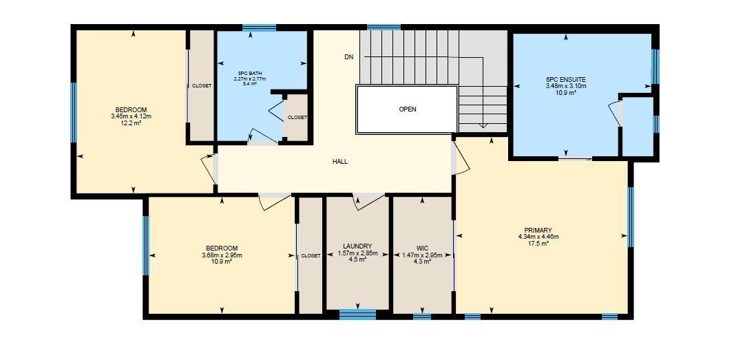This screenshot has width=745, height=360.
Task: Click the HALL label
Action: [340, 162]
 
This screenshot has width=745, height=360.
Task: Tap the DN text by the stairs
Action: [349, 57]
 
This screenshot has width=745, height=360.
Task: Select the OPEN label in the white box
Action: [408, 109]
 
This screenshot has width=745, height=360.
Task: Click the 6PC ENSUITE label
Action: [566, 80]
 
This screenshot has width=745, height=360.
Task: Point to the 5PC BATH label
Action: [249, 73]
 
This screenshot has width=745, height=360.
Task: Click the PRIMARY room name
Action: [538, 231]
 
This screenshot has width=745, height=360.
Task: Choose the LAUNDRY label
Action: [357, 246]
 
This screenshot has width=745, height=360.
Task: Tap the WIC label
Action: [422, 248]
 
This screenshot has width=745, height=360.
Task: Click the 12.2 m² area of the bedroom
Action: [131, 123]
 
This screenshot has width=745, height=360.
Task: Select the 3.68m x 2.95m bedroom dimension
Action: [222, 255]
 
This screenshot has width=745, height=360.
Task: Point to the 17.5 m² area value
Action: [538, 244]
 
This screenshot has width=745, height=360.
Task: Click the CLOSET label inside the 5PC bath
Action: [297, 118]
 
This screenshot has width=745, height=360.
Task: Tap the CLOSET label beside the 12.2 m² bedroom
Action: [202, 86]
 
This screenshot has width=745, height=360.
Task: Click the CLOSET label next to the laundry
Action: [311, 256]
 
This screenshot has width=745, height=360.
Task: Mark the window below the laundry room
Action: [357, 315]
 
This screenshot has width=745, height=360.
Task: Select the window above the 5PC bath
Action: [259, 28]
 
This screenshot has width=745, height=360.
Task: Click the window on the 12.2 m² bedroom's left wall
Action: [74, 112]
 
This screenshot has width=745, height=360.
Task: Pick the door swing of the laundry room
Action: [368, 201]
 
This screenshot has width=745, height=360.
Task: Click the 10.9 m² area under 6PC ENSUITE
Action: [566, 92]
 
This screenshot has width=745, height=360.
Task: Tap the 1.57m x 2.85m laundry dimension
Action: [357, 253]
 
